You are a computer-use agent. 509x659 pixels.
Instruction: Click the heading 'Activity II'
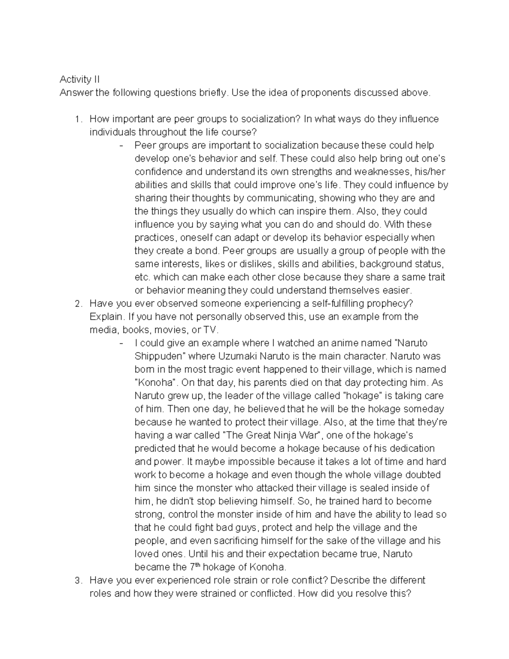point(79,79)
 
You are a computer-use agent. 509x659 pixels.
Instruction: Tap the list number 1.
point(77,119)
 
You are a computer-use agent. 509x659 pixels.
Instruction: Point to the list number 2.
point(77,304)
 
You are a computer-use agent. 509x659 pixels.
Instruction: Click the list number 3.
point(77,580)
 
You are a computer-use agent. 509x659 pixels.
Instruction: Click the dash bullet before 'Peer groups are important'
point(122,146)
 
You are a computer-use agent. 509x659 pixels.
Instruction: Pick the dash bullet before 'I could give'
point(122,343)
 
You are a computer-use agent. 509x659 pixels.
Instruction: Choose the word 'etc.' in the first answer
point(142,278)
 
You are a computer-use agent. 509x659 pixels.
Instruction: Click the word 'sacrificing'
point(235,541)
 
